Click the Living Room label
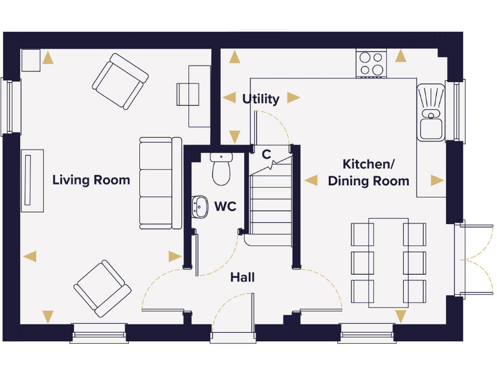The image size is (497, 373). coord(91,180)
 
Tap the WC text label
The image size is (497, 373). coord(225,207)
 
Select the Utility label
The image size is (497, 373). coord(261,99)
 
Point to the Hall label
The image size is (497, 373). coord(243,278)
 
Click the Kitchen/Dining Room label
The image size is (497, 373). coord(368,173)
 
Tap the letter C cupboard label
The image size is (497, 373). coord(266,155)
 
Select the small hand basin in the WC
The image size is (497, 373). coord(199,207)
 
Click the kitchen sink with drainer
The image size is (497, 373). coord(431,112)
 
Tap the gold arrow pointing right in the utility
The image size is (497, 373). coord(294,98)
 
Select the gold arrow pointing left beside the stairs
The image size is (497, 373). coord(311,180)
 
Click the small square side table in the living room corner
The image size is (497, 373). coord(31,60)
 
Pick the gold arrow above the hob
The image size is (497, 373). coord(401,56)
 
